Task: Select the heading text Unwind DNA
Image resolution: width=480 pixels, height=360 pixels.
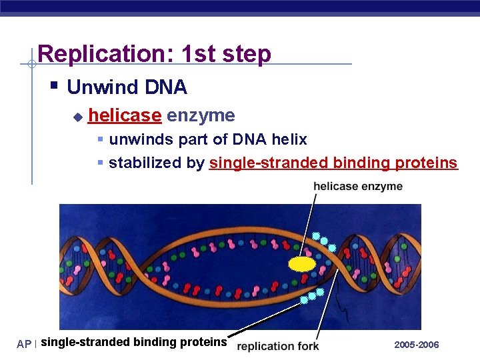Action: [127, 87]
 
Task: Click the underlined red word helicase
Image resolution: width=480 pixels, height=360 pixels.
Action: [125, 115]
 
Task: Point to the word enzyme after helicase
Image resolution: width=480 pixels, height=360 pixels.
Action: [201, 115]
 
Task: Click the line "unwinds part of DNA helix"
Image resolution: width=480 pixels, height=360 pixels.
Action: [207, 139]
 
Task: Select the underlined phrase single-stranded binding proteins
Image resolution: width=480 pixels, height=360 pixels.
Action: [333, 163]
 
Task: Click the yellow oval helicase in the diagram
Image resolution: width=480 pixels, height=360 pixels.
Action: [302, 264]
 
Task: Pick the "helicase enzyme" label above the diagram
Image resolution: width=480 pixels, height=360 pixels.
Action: [358, 186]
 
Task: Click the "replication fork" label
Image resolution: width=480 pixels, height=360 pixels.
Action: [278, 346]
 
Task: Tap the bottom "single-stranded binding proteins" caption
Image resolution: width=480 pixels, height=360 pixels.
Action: [133, 342]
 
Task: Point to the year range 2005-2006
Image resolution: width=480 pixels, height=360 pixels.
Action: [417, 345]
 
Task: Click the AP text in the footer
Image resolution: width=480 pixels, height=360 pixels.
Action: [24, 345]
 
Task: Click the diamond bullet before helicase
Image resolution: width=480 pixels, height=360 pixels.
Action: [77, 117]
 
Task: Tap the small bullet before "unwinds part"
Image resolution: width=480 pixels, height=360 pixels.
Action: [100, 140]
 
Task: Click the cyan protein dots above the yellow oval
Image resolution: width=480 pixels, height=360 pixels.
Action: [324, 241]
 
